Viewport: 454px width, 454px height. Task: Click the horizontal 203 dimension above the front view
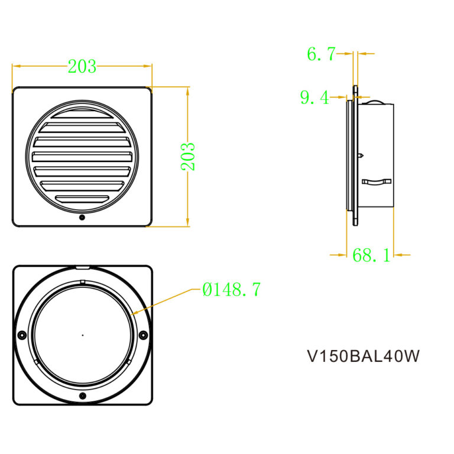point(82,66)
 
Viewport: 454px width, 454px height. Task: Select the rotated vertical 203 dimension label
point(188,156)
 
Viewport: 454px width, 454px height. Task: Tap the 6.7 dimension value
point(320,54)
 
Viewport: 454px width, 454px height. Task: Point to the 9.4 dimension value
point(314,97)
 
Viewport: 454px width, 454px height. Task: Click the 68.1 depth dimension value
point(371,255)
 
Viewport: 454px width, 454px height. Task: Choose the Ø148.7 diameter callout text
point(231,290)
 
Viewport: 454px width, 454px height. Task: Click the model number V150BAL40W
point(364,356)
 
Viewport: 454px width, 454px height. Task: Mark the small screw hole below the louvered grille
point(82,218)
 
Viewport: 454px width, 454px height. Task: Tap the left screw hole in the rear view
point(22,335)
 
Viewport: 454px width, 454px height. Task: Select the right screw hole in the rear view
point(143,335)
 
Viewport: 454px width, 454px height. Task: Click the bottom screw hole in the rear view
point(82,395)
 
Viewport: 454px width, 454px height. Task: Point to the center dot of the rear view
point(82,335)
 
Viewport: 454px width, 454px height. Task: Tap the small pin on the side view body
point(361,155)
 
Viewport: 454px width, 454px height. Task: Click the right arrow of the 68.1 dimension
point(397,255)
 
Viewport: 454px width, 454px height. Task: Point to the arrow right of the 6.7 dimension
point(362,54)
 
